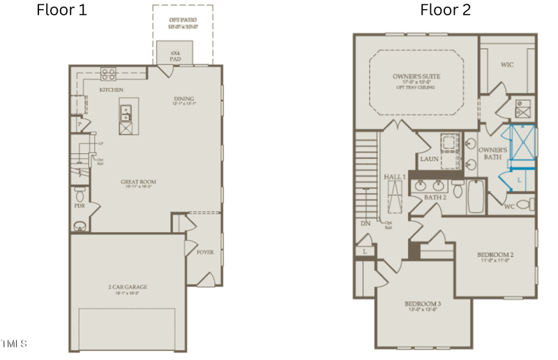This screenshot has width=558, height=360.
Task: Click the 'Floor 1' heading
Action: (x=61, y=10)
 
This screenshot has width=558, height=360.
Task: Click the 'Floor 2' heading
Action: (x=445, y=10)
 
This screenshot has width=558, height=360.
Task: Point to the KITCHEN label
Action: (x=112, y=90)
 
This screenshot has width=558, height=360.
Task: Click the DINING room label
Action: (x=183, y=99)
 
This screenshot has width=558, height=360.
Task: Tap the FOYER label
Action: (x=205, y=252)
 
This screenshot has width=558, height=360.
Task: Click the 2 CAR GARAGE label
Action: (x=128, y=286)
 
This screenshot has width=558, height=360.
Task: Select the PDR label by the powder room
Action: (x=80, y=207)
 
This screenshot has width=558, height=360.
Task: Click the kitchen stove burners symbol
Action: (x=109, y=73)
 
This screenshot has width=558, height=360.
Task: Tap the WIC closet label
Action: (x=507, y=65)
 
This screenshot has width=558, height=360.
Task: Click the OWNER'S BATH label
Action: (x=492, y=153)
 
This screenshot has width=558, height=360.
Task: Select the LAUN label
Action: (x=428, y=159)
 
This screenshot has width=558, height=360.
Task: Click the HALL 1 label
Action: (x=395, y=177)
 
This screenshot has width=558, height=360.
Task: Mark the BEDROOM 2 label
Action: (x=495, y=255)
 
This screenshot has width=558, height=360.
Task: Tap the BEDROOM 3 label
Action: (x=423, y=304)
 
